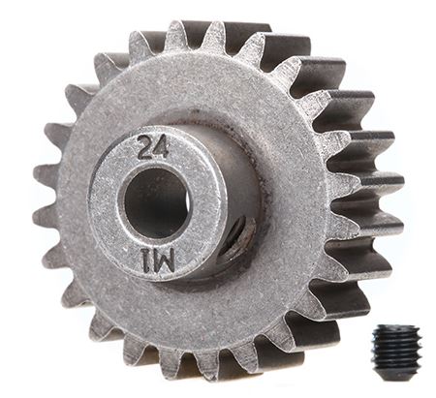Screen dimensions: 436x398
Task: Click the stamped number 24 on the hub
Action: point(153,147)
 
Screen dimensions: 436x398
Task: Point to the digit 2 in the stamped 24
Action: point(145,147)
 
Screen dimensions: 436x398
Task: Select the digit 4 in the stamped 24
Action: point(161,147)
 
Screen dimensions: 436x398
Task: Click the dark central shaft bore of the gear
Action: point(155,202)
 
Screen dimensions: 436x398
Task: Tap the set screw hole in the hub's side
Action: point(236,238)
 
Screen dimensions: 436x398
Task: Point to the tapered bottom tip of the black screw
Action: point(394,368)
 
